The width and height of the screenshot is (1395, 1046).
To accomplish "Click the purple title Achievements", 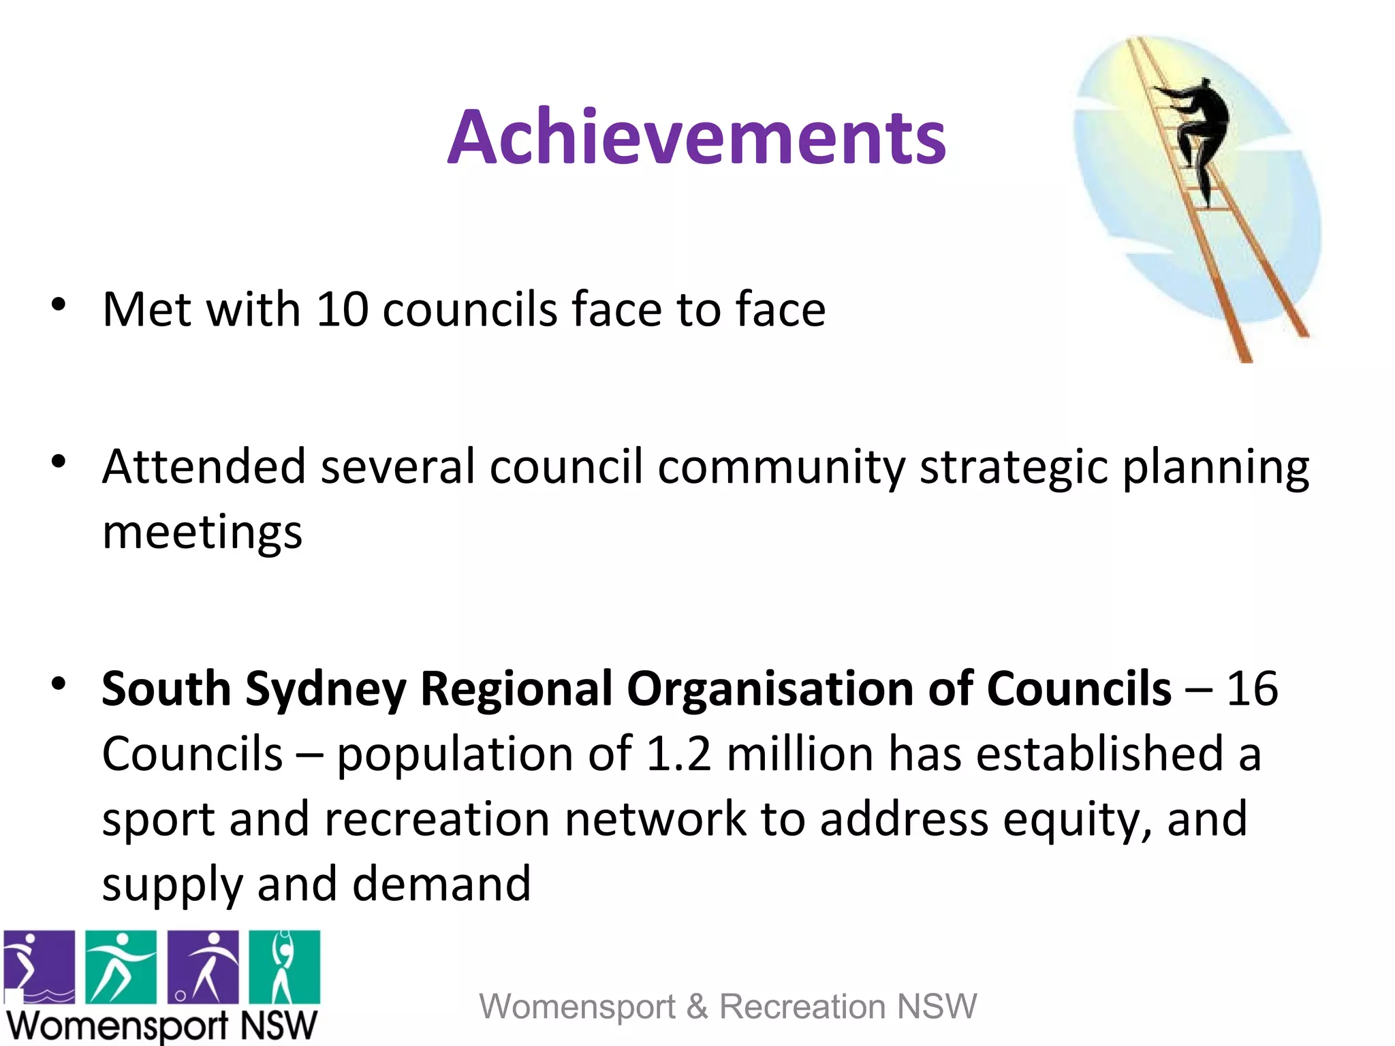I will pyautogui.click(x=696, y=138).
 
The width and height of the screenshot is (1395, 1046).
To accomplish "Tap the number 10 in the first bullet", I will pyautogui.click(x=342, y=310).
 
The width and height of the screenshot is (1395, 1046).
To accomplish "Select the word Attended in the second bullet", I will pyautogui.click(x=204, y=467).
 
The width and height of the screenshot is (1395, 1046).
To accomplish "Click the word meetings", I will pyautogui.click(x=202, y=533).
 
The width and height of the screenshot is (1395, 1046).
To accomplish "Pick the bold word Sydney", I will pyautogui.click(x=326, y=690).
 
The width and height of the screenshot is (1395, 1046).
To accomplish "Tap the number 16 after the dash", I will pyautogui.click(x=1252, y=688).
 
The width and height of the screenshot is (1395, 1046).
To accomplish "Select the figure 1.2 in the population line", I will pyautogui.click(x=678, y=755).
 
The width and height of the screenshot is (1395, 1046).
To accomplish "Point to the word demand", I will pyautogui.click(x=441, y=885).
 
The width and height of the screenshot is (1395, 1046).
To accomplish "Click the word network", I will pyautogui.click(x=655, y=819).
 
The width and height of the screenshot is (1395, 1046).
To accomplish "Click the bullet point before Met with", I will pyautogui.click(x=59, y=304).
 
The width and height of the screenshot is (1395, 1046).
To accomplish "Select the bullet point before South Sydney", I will pyautogui.click(x=59, y=683).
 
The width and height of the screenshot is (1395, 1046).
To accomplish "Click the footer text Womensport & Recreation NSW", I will pyautogui.click(x=727, y=1007).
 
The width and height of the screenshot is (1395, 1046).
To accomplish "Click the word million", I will pyautogui.click(x=800, y=755).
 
